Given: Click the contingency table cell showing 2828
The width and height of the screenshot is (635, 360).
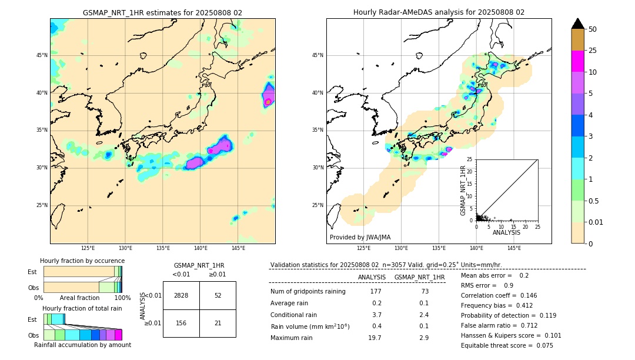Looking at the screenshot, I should [181, 295].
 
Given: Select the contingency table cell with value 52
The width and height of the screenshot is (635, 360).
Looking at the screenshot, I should [218, 295].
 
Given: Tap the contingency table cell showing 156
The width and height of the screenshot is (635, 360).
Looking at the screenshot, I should [181, 323].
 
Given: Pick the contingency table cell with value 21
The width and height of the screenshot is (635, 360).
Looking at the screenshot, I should [218, 323].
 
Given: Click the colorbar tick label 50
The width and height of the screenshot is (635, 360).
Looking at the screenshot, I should [593, 29].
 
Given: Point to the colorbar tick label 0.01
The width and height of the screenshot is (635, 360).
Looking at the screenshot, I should [596, 222].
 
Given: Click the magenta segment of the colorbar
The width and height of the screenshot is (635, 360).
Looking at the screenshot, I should [577, 61].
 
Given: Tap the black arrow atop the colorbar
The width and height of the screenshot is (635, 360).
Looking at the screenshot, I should [577, 24].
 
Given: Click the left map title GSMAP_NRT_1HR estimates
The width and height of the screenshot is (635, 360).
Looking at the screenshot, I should [162, 12].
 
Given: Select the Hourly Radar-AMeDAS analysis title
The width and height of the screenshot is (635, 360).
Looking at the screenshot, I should [439, 12].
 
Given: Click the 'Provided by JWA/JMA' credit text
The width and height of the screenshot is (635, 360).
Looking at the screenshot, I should [360, 237].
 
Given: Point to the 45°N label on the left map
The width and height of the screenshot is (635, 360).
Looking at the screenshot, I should [42, 55].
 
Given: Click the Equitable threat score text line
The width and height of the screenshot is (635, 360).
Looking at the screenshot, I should [507, 345].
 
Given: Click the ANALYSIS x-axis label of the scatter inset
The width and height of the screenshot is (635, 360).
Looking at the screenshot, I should [506, 232].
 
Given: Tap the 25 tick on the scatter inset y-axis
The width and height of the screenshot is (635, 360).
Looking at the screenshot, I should [470, 159].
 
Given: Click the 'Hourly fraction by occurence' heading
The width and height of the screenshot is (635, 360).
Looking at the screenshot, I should [82, 261].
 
